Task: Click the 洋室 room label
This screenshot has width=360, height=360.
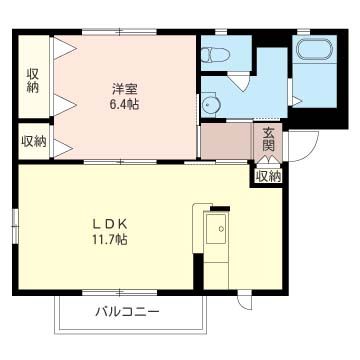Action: coord(124,87)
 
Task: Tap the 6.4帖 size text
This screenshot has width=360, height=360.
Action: coord(124,102)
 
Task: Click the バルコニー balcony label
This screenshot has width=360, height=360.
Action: coord(127,312)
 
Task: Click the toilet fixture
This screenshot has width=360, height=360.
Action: coord(216,55)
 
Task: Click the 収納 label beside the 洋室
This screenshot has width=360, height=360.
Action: coord(33,80)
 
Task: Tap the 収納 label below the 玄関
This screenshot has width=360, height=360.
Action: coord(267,176)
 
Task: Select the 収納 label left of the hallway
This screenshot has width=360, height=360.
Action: coord(33,141)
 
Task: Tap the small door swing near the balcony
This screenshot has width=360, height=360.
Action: coord(243,295)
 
